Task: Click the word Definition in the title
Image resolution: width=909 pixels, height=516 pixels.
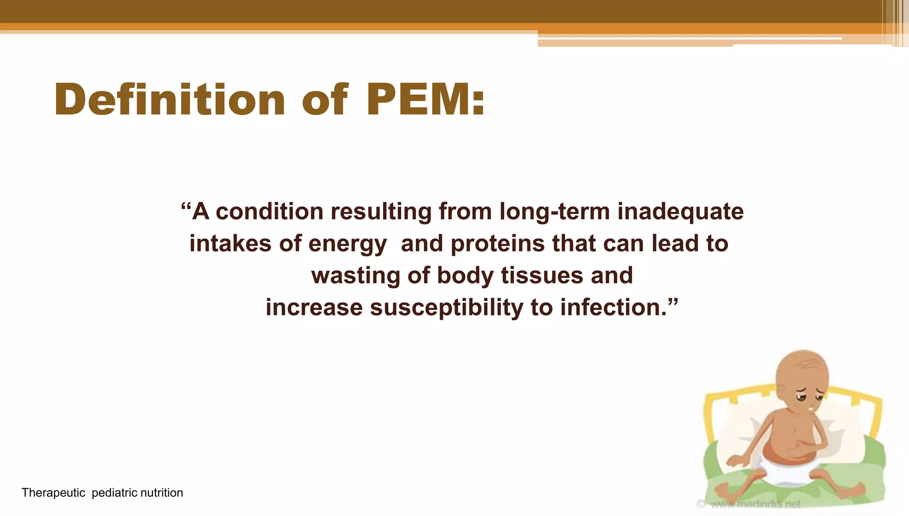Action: [169, 100]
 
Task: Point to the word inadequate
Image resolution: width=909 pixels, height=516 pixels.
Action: [680, 211]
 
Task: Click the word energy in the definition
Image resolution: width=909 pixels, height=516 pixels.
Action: [348, 244]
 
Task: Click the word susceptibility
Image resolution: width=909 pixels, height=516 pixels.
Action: [446, 307]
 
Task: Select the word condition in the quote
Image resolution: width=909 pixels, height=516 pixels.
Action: [269, 211]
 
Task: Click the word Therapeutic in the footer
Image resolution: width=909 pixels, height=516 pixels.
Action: [53, 493]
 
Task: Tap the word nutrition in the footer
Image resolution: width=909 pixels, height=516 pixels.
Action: [162, 493]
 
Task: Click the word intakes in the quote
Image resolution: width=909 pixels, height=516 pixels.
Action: [230, 244]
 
